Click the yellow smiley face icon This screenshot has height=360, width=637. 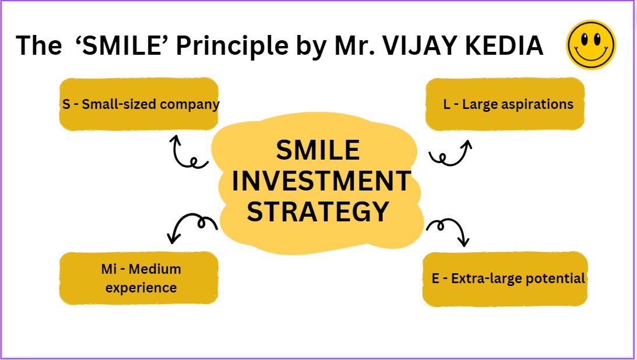(591, 45)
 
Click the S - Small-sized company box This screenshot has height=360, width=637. (139, 104)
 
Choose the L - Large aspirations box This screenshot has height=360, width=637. (505, 104)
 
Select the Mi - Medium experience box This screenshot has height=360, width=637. (139, 278)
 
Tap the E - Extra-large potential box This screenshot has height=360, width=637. (505, 278)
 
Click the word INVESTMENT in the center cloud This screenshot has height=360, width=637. (321, 181)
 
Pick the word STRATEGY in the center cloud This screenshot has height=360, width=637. (318, 211)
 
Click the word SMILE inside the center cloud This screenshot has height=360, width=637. (318, 151)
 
